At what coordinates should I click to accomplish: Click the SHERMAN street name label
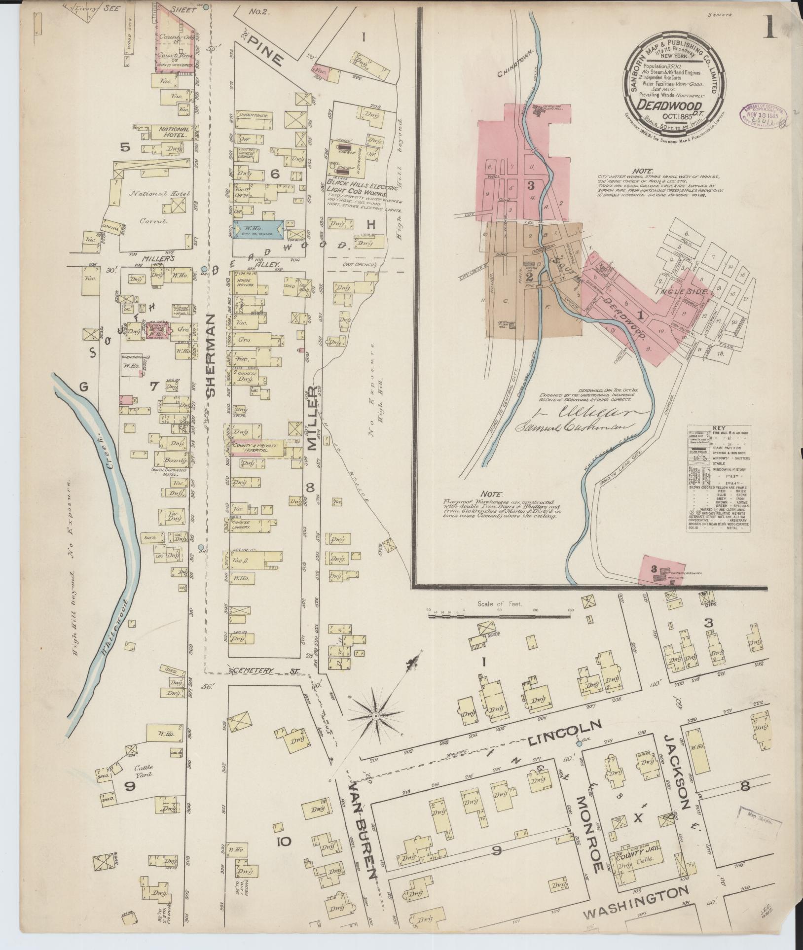tap(212, 354)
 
